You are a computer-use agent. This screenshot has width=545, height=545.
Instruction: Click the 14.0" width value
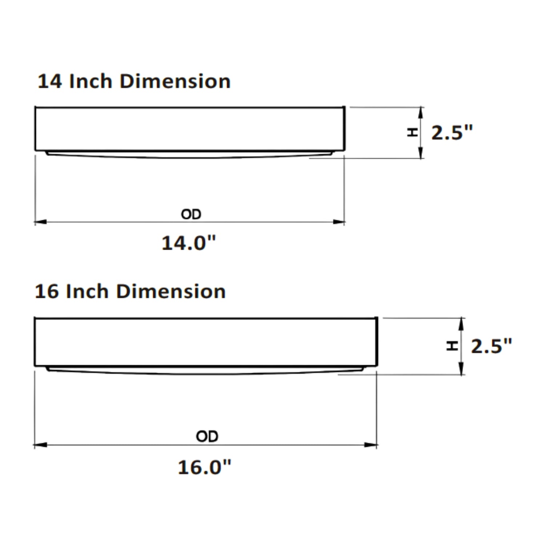coord(189,243)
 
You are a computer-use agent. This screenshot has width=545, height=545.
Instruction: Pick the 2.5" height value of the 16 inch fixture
coord(491,346)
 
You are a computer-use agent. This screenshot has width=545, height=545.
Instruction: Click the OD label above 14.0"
coord(191,214)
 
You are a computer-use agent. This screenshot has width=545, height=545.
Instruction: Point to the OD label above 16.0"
coord(207,436)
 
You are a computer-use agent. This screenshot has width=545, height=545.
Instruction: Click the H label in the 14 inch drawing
coord(412,132)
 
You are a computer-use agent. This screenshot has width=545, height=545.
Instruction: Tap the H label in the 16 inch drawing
coord(452,346)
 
